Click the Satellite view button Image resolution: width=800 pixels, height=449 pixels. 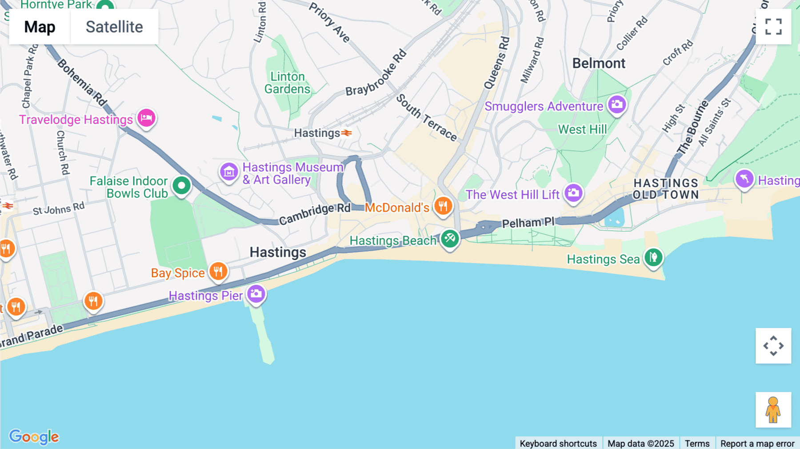click(114, 27)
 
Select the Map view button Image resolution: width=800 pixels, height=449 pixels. click(40, 27)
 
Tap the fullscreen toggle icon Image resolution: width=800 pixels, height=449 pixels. click(773, 27)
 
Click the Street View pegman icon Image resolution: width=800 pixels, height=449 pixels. click(773, 409)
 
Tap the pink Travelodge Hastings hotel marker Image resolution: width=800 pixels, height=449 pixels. click(146, 118)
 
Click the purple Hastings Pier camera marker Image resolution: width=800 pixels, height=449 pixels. click(256, 294)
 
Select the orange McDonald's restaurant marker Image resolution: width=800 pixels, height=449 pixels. click(443, 206)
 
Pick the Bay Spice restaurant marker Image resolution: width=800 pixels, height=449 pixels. click(218, 271)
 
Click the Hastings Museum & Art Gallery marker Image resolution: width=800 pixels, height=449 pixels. click(229, 172)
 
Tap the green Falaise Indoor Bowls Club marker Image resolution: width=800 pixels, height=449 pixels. click(181, 185)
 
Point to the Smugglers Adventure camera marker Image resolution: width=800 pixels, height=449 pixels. click(617, 105)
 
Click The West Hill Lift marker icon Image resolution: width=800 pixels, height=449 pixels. click(573, 193)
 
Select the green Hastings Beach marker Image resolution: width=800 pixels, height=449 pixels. click(450, 239)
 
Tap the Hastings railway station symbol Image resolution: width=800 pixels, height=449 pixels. click(347, 133)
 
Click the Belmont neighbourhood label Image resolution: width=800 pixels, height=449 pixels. click(599, 64)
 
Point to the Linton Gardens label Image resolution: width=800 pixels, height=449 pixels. click(287, 83)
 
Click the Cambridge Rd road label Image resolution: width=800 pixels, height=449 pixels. click(315, 213)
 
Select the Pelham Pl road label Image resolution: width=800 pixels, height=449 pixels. click(528, 222)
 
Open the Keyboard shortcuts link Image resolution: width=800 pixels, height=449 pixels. click(558, 443)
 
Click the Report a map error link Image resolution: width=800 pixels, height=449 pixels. click(757, 443)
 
